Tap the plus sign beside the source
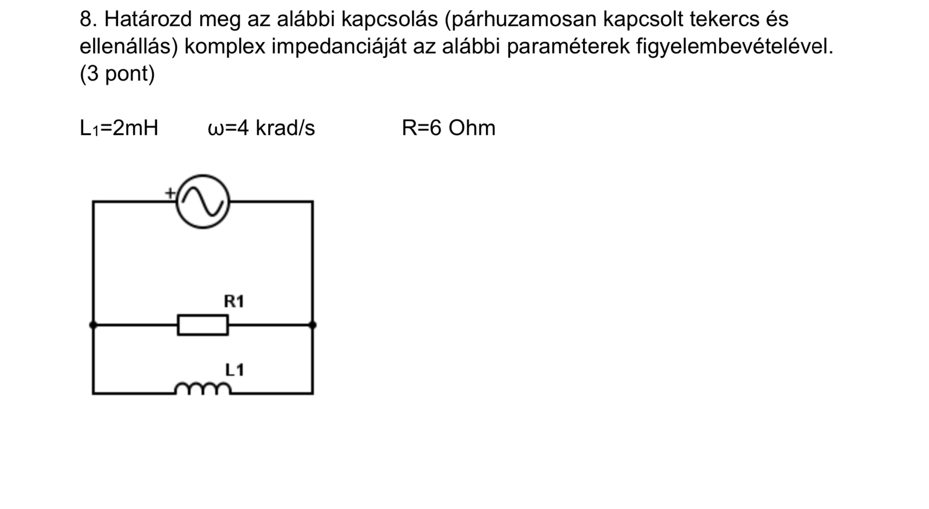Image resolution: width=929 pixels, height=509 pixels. (x=170, y=193)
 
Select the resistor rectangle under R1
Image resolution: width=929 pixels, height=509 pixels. (x=203, y=325)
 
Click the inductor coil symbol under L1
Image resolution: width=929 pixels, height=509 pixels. (x=203, y=389)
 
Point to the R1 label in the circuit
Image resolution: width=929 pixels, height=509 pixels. (x=234, y=301)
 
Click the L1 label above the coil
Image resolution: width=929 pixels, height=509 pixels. (x=235, y=370)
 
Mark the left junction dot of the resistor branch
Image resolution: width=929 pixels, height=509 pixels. (x=93, y=325)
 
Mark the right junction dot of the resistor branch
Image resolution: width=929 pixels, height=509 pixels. (x=313, y=325)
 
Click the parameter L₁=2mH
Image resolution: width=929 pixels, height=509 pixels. (x=119, y=128)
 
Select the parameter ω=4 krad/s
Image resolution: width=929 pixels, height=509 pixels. (x=261, y=128)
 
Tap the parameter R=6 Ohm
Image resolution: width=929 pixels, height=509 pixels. (x=449, y=128)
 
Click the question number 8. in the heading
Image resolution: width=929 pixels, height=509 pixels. (x=89, y=19)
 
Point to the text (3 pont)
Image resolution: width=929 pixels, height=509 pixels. (x=117, y=74)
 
